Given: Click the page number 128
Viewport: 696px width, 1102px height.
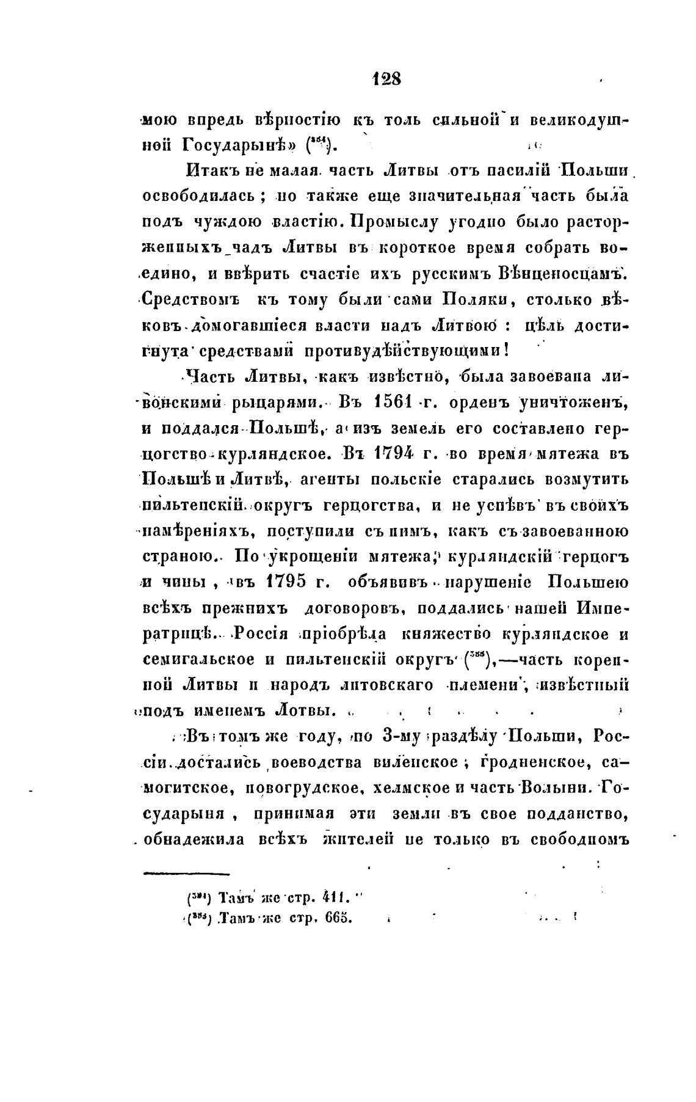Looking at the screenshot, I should pos(386,79).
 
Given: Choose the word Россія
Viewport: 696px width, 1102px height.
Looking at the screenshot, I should pos(252,634).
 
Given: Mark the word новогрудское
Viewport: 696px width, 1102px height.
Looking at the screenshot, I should pos(294,789).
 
